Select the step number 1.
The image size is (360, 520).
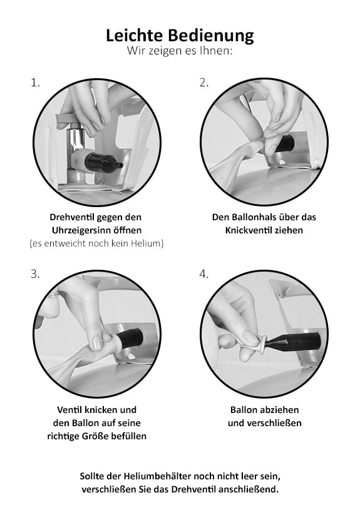tap(35, 83)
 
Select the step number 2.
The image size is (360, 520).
tap(203, 83)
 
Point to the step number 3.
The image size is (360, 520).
tap(35, 274)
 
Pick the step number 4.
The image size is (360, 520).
tap(203, 274)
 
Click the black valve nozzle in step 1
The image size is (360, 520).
tap(103, 163)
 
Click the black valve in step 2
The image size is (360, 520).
tap(285, 143)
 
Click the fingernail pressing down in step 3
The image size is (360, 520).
tap(97, 344)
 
